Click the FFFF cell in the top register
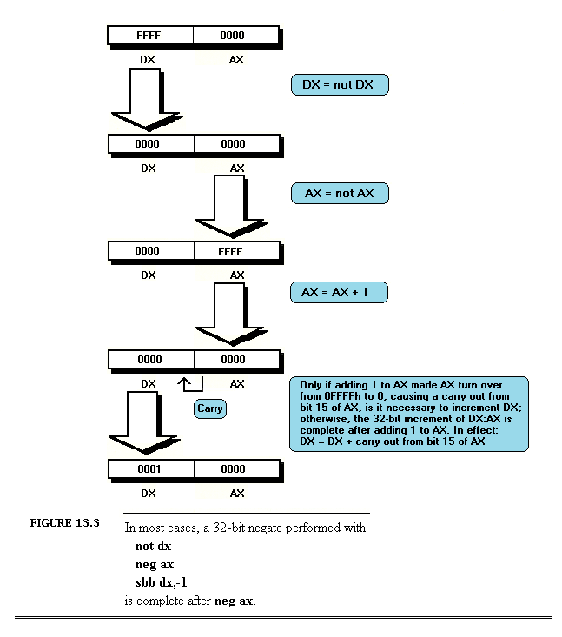pyautogui.click(x=150, y=36)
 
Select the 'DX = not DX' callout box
pyautogui.click(x=339, y=84)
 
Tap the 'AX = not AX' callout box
pyautogui.click(x=339, y=193)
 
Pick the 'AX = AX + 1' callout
pyautogui.click(x=339, y=293)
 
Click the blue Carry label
pyautogui.click(x=209, y=408)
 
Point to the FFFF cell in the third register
pyautogui.click(x=235, y=252)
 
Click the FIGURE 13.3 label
pyautogui.click(x=65, y=523)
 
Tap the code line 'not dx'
pyautogui.click(x=153, y=547)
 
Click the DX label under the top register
pyautogui.click(x=149, y=60)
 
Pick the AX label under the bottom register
pyautogui.click(x=236, y=493)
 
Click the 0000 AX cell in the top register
pyautogui.click(x=235, y=36)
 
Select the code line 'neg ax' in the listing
pyautogui.click(x=155, y=564)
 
